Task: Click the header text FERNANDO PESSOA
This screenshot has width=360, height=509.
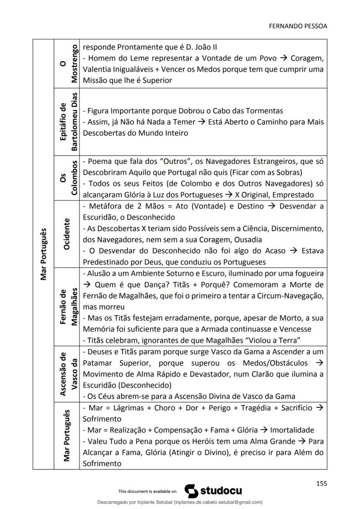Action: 298,26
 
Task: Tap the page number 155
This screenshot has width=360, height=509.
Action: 321,483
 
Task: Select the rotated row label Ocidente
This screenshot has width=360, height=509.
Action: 67,234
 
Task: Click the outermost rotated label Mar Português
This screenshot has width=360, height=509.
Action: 43,254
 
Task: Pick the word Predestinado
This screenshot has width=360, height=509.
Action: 104,262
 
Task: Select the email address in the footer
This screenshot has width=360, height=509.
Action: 218,502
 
